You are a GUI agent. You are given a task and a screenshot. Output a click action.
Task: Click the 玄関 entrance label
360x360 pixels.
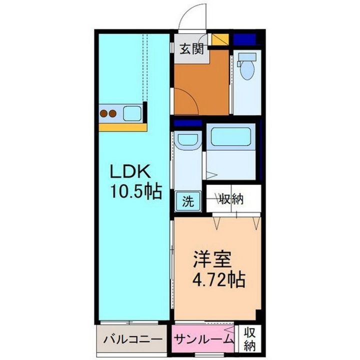click(x=191, y=49)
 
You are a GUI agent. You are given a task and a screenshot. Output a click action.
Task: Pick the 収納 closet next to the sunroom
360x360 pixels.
click(x=249, y=339)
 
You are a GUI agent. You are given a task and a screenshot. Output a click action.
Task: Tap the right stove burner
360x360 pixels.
click(x=113, y=113)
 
